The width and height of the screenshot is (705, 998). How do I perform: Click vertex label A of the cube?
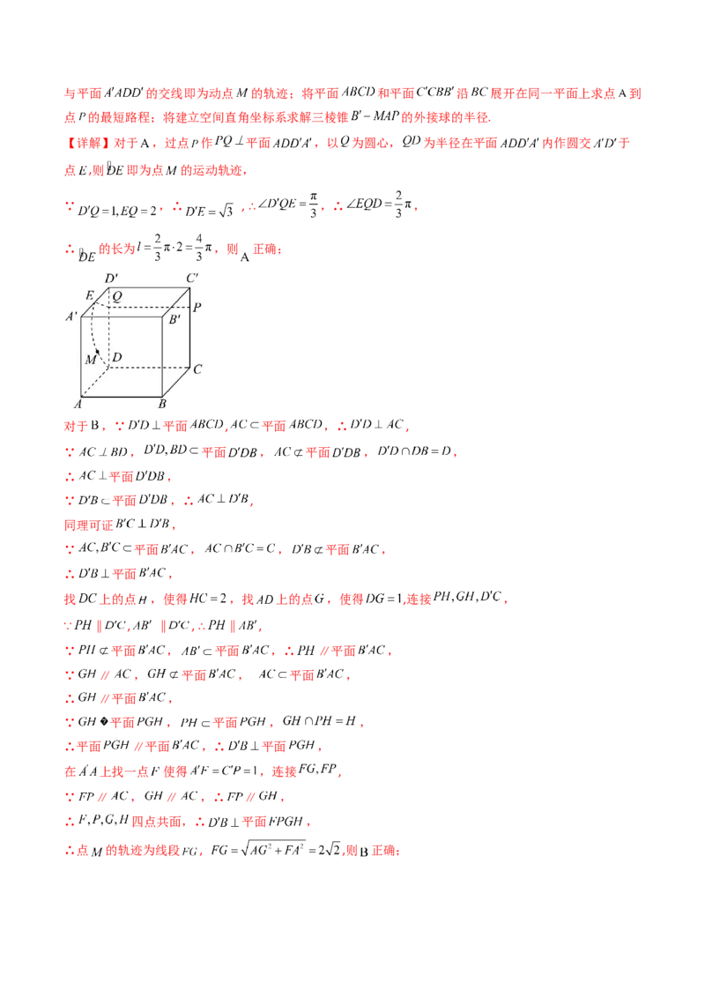pos(78,404)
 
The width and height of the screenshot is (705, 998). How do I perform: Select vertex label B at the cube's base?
pos(162,404)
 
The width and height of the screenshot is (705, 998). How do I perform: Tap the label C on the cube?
pos(197,369)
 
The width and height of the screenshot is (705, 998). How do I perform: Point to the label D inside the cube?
pos(117,356)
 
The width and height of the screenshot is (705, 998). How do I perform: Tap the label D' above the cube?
pos(112,279)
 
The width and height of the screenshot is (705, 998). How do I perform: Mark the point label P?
pos(197,308)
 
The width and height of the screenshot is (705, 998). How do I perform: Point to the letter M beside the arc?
pos(90,360)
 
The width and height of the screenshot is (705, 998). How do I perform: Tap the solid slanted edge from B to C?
pos(176,382)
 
